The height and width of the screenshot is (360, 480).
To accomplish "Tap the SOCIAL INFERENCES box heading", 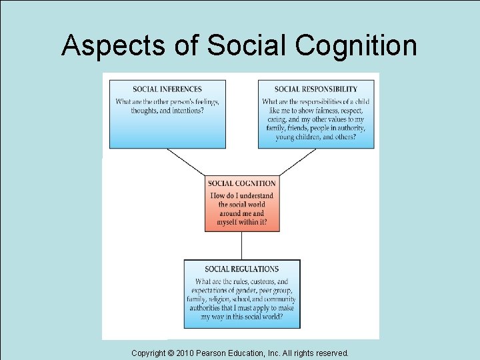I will (x=167, y=89).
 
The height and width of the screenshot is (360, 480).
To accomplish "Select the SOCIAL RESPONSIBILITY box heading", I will (x=316, y=89).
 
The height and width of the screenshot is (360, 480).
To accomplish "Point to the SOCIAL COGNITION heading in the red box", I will (x=242, y=183).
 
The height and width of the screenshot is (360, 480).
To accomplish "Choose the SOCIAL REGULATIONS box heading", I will (x=242, y=269).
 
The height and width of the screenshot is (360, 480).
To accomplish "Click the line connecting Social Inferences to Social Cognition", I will (x=187, y=162).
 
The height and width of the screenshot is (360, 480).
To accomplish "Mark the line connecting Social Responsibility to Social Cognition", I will (x=297, y=162).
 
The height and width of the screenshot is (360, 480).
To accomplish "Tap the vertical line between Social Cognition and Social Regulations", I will (x=242, y=245).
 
